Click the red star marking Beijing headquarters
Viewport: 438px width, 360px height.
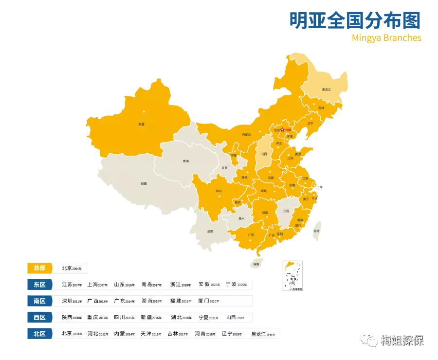coord(282,130)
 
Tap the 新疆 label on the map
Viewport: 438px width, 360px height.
coord(141,125)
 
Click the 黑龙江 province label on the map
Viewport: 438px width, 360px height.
coord(326,90)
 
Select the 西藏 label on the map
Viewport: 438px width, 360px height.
coord(144,183)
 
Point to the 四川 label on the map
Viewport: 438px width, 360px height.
coord(219,191)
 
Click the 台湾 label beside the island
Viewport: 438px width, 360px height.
coord(317,231)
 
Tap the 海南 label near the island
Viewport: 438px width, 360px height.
coord(256,265)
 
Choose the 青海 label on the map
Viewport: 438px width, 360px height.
coord(185,161)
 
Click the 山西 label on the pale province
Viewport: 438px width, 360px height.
coord(263,154)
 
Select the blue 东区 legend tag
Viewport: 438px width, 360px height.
coord(39,285)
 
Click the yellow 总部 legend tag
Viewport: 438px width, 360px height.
coord(39,268)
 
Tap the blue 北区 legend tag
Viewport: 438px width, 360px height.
coord(39,334)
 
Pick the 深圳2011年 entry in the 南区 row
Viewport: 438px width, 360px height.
coord(72,301)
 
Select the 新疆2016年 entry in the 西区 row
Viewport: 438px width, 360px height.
coord(151,318)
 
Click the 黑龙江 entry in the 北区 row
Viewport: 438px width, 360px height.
coord(263,334)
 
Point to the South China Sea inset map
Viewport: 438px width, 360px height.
coord(293,275)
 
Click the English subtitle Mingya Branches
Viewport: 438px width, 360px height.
coord(386,38)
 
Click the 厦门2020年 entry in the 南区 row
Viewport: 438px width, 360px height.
coord(208,301)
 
